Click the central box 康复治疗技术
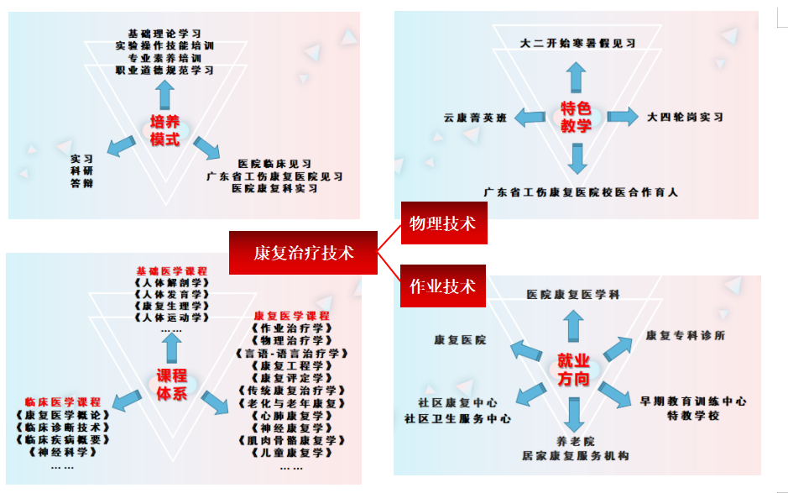click(303, 252)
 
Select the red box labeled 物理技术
click(443, 223)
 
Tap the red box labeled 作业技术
click(443, 287)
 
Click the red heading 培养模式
click(164, 130)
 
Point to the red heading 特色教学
click(576, 118)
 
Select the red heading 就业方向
click(573, 370)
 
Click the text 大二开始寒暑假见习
click(577, 43)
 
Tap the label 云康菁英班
click(476, 118)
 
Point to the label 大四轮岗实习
click(685, 117)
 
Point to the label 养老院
click(575, 441)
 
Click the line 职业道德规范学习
click(164, 71)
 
